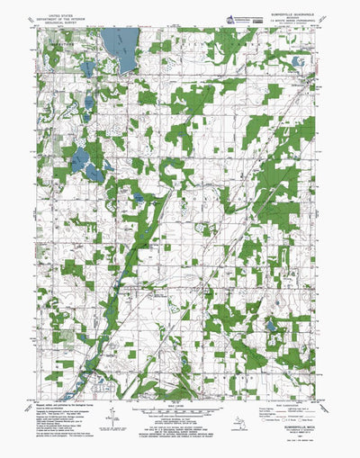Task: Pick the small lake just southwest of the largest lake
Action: pyautogui.click(x=87, y=67)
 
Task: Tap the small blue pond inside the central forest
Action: pyautogui.click(x=138, y=196)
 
